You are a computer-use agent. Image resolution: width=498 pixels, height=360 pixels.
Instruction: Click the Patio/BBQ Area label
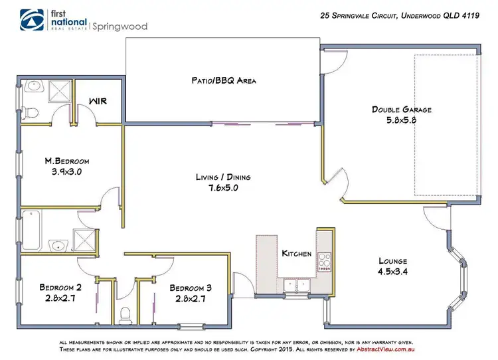pyautogui.click(x=219, y=80)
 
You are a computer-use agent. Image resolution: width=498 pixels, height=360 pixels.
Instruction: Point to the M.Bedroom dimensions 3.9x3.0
pyautogui.click(x=66, y=171)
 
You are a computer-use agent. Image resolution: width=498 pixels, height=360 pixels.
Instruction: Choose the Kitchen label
pyautogui.click(x=296, y=254)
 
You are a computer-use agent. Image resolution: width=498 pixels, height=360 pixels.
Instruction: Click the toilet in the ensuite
pyautogui.click(x=27, y=112)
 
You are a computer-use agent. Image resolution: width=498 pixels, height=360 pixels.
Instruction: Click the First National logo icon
pyautogui.click(x=31, y=20)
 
